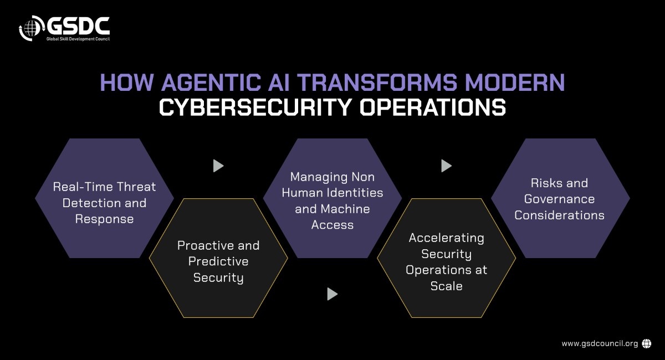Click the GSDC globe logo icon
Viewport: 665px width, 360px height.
[32, 28]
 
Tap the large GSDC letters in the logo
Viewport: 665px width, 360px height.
[78, 26]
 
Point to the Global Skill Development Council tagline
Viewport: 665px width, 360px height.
[78, 39]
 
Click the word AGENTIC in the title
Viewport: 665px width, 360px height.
[211, 82]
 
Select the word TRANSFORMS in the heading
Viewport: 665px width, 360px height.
[377, 82]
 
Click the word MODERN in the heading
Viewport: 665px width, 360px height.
[515, 82]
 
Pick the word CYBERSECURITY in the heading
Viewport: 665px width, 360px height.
[255, 107]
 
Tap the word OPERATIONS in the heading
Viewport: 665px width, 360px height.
[433, 107]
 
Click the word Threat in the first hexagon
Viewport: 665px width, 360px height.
[136, 187]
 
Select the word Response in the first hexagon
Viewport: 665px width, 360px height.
[104, 220]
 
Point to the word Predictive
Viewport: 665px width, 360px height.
[218, 261]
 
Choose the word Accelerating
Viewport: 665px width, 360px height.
[446, 238]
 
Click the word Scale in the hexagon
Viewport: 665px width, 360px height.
[446, 286]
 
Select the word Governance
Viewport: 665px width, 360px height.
[559, 199]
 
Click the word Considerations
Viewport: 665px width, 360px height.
[559, 215]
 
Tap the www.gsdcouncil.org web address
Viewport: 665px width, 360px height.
[600, 344]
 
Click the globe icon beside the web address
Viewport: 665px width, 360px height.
[647, 344]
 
